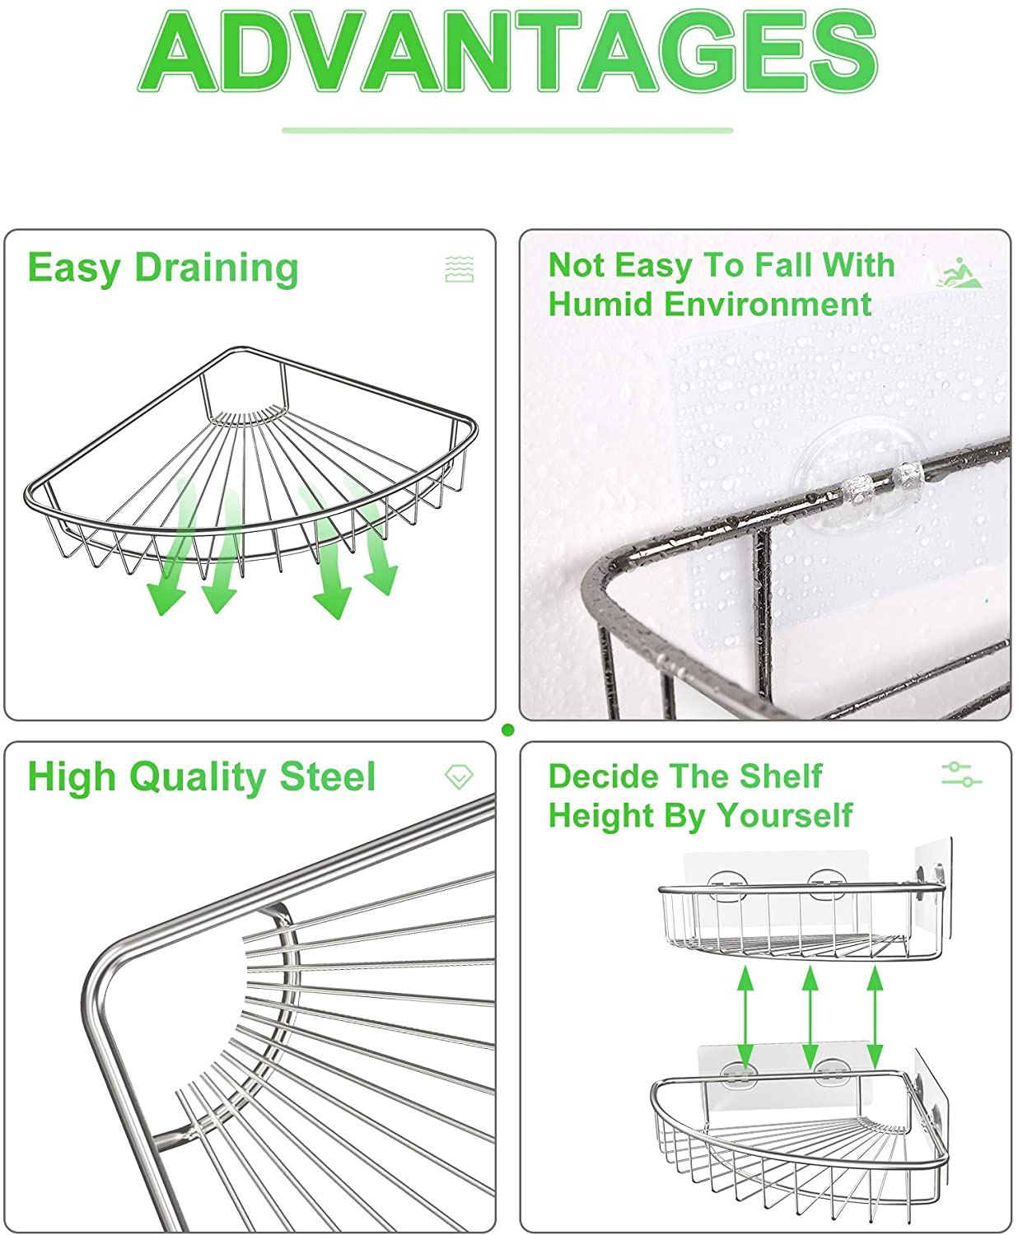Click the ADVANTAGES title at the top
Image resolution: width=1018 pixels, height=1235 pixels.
tap(508, 50)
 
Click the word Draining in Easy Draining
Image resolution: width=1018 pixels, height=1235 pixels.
tap(217, 269)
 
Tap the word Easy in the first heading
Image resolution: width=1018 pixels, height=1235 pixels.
tap(74, 270)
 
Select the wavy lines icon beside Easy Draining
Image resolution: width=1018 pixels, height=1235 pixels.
tap(460, 269)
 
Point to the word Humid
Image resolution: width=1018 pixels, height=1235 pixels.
tap(601, 305)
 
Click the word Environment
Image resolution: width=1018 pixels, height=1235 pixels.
tap(768, 305)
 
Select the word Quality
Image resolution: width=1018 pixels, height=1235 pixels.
tap(198, 778)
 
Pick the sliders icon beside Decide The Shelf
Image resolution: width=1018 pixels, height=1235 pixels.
tap(961, 774)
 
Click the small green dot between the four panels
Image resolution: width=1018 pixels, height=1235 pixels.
tap(508, 729)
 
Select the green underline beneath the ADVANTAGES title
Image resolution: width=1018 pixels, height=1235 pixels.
tap(508, 130)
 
